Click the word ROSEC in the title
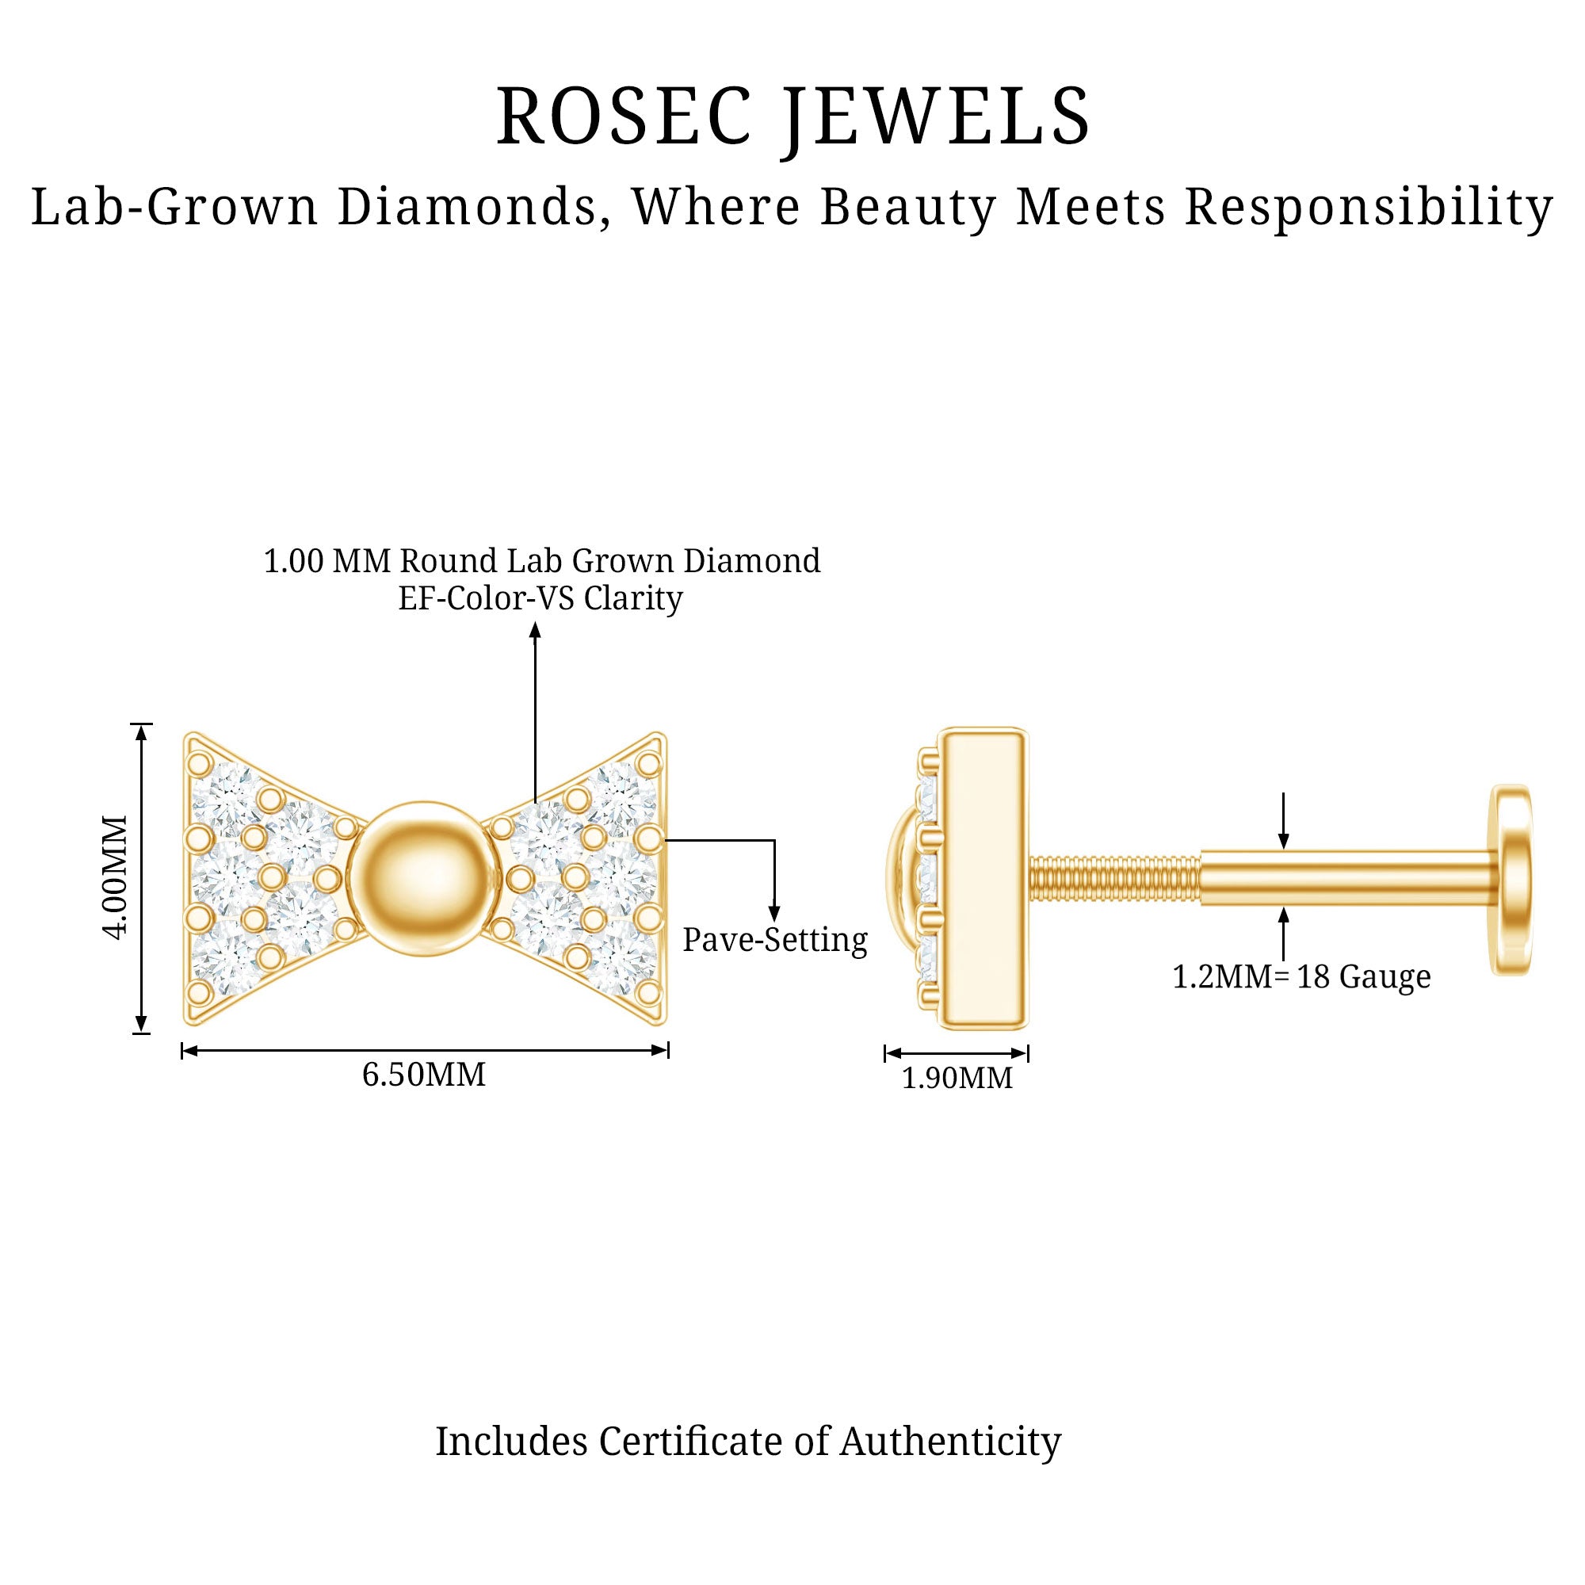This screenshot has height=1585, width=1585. [x=624, y=117]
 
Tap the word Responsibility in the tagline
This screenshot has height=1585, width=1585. [x=1369, y=207]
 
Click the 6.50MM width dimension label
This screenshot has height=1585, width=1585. [x=423, y=1075]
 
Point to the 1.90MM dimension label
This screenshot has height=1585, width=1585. [x=957, y=1078]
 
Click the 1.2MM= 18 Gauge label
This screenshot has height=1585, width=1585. [x=1301, y=976]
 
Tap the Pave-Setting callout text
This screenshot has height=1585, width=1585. [x=774, y=940]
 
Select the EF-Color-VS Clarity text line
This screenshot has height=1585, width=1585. [x=540, y=599]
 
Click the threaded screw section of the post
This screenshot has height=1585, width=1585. [x=1114, y=879]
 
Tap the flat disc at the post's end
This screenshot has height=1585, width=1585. [x=1511, y=880]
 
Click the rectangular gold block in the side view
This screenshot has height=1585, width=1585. [x=984, y=879]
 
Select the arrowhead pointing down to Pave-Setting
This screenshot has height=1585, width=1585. [x=773, y=913]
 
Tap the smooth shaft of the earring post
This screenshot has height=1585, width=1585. [x=1346, y=879]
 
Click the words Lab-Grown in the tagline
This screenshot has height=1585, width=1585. [x=174, y=207]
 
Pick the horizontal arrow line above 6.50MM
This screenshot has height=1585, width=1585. [x=424, y=1050]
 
